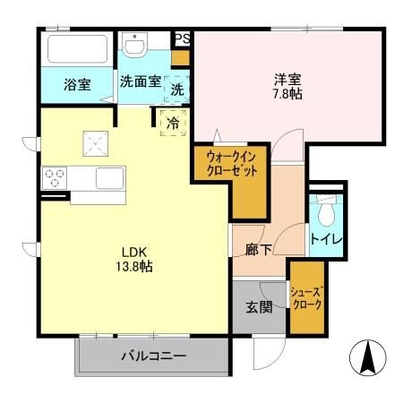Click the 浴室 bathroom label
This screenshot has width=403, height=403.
76,85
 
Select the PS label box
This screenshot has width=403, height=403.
182,39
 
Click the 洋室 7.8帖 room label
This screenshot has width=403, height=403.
288,85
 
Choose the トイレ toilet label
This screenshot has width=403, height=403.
324,241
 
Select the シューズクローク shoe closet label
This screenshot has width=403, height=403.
305,297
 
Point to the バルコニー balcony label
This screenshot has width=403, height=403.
153,356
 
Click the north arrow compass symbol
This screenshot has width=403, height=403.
366,359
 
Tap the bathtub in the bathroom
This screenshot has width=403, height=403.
77,48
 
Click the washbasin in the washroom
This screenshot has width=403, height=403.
136,46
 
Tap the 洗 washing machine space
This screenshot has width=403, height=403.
177,90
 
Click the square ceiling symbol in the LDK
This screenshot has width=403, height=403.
94,141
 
